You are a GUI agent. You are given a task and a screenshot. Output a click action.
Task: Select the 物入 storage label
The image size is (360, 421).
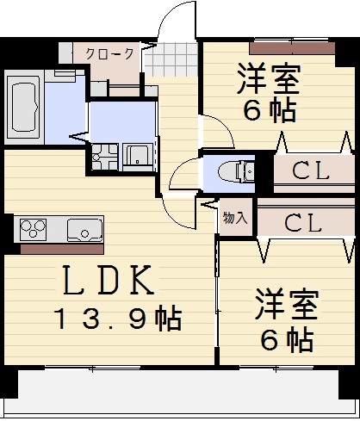pyautogui.click(x=234, y=218)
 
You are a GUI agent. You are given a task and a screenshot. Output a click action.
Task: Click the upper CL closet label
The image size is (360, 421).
pyautogui.click(x=310, y=170)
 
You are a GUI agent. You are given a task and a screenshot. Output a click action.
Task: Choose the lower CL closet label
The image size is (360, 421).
pyautogui.click(x=304, y=224)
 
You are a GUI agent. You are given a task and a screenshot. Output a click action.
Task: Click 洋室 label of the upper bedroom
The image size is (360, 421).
pyautogui.click(x=268, y=80)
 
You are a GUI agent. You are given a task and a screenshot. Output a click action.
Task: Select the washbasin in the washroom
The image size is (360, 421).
pyautogui.click(x=138, y=156)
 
